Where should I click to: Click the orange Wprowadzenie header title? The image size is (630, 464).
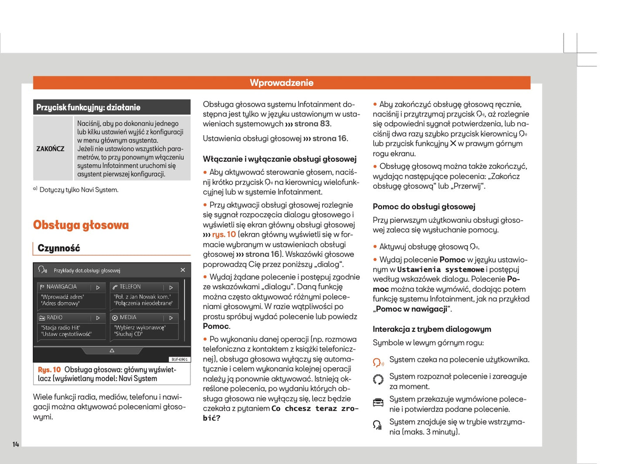tap(282, 83)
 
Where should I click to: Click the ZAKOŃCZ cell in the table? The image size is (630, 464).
tap(50, 149)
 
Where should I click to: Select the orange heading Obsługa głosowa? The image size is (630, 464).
tap(81, 225)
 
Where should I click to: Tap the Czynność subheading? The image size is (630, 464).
tap(59, 248)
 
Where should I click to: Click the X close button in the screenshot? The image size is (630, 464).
tap(183, 270)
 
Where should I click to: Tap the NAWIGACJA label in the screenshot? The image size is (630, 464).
tap(61, 287)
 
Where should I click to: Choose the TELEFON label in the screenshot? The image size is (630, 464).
tap(130, 287)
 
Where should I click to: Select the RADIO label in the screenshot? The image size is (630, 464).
tap(54, 318)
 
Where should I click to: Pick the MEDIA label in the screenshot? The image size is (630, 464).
tap(128, 318)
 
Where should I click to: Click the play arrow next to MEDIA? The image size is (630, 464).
tap(171, 318)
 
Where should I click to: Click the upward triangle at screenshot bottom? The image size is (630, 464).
tap(112, 351)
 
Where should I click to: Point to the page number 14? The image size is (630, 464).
tap(16, 444)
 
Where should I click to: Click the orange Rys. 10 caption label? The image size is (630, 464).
tap(49, 370)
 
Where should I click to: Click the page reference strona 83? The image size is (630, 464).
tap(312, 124)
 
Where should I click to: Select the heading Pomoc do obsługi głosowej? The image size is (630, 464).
tap(424, 207)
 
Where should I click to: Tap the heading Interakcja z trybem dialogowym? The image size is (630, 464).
tap(432, 329)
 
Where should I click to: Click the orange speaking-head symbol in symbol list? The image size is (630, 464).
tap(378, 362)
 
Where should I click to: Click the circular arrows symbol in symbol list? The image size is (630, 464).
tap(378, 379)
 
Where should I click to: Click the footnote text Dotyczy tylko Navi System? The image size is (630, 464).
tap(79, 190)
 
